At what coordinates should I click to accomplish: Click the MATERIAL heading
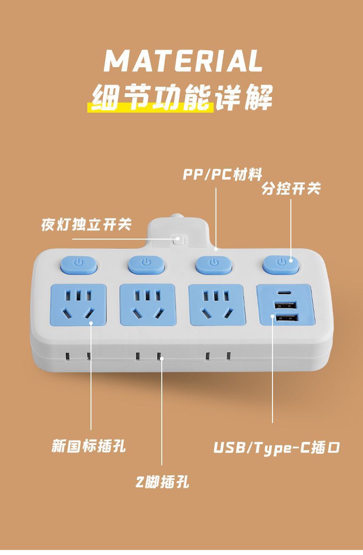coord(183,61)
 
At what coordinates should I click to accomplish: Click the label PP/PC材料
coord(222,175)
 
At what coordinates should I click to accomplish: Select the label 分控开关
coord(291,189)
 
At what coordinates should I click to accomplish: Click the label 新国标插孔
coord(88,446)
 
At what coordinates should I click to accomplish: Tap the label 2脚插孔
coord(162,482)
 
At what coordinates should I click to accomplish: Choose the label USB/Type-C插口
coord(277,447)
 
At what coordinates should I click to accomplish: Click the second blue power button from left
coord(146,263)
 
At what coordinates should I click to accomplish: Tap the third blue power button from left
coord(213,264)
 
